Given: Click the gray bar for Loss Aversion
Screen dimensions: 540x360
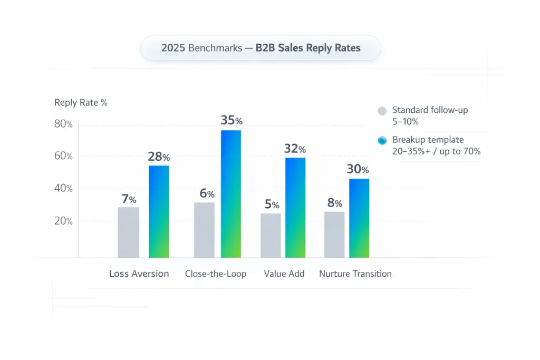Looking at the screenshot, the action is point(129,232).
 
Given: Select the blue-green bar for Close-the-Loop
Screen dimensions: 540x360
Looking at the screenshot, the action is point(231,194).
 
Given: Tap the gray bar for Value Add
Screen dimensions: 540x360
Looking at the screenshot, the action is point(271,235).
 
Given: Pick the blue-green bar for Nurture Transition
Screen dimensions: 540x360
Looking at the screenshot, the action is point(359,218).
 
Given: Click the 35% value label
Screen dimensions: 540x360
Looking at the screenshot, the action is point(231,120).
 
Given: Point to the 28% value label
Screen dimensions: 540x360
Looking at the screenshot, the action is point(159,157).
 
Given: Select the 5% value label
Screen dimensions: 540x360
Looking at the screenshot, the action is point(272,203).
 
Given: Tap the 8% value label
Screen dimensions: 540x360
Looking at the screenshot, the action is point(335,203).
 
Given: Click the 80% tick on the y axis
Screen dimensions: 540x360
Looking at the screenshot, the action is point(63,124).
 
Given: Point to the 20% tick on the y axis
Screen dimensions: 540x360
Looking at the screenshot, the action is point(63,221).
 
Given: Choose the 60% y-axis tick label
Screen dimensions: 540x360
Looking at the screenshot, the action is point(63,157).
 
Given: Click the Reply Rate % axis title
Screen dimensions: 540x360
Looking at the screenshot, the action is point(81,103).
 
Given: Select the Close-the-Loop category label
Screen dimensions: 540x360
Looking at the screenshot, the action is point(215,274).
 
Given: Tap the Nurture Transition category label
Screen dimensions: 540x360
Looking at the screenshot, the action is point(355,274).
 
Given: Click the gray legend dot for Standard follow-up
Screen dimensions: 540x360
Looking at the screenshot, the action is point(382,111).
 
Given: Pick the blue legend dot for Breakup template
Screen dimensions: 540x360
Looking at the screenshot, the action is point(382,141).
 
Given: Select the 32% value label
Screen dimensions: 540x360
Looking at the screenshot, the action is point(294,149).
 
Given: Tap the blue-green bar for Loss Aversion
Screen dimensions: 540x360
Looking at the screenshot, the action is point(159,212).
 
